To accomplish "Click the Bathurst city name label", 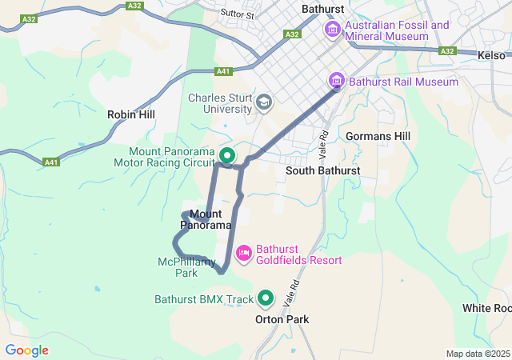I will [322, 9].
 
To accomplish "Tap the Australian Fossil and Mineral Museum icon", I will [332, 30].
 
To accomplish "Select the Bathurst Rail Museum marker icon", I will [337, 81].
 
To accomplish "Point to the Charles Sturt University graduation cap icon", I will [264, 102].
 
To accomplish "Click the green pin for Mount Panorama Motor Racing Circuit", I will [227, 155].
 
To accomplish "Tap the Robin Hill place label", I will [131, 114].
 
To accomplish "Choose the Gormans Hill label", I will [378, 136].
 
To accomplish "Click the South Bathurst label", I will [322, 170].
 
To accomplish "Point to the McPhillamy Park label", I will [186, 267].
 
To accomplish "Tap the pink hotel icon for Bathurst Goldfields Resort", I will [244, 254].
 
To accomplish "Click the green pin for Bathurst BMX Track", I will [266, 300].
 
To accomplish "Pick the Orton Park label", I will [282, 319].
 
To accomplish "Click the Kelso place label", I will [491, 55].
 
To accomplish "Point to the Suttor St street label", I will [238, 14].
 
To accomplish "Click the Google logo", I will [26, 350].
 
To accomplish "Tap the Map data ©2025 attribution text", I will [478, 354].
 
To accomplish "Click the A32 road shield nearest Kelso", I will [447, 51].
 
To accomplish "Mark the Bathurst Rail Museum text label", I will [404, 82].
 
